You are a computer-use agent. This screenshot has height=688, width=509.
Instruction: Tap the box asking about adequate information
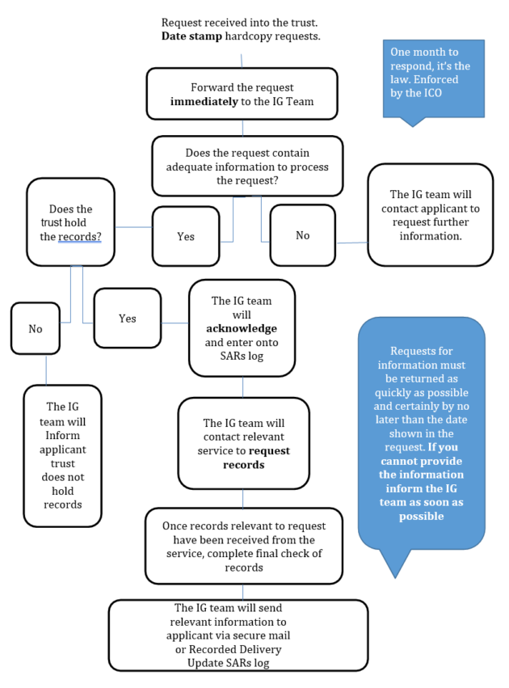pos(246,166)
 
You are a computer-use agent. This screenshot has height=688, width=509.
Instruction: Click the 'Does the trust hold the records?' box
pos(70,222)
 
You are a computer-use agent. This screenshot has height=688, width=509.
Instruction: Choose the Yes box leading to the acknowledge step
pos(127,319)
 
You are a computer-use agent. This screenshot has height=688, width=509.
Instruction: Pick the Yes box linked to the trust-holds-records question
pos(186,237)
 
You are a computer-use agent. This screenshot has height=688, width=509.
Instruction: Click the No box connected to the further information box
pos(302,235)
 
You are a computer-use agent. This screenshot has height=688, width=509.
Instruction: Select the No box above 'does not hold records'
pos(35,329)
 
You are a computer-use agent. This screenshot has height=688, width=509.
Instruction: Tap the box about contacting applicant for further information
pos(430,215)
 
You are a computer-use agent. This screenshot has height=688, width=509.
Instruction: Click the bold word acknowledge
pos(242,328)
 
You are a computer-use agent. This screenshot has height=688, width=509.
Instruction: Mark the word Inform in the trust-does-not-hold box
pos(62,436)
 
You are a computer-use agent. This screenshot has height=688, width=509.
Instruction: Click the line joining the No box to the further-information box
pos(351,242)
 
